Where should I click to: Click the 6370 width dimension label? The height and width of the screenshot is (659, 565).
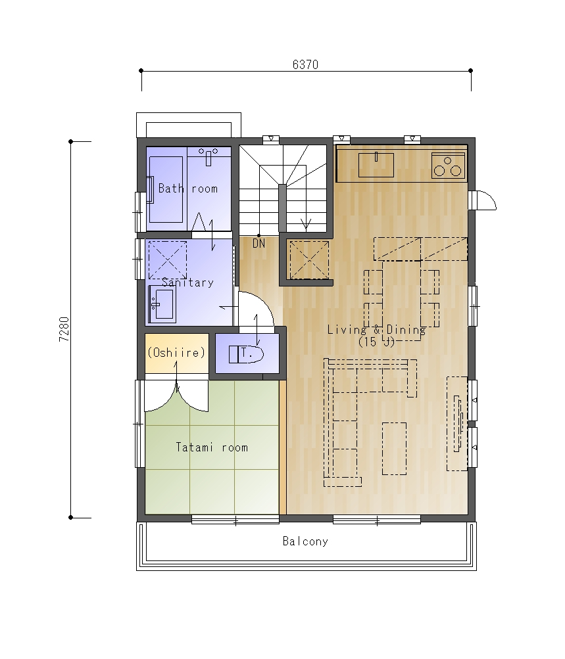click(x=305, y=64)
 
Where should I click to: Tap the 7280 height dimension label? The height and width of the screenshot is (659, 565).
click(x=64, y=329)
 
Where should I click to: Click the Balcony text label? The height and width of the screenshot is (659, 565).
click(x=305, y=541)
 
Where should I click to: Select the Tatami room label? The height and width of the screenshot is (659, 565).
click(x=212, y=447)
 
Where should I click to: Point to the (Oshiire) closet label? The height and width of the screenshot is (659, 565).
click(x=176, y=352)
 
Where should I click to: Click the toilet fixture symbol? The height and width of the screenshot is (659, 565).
click(x=246, y=354)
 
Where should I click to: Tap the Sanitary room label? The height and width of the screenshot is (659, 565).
click(x=187, y=282)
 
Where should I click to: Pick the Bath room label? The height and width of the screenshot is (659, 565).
click(x=188, y=189)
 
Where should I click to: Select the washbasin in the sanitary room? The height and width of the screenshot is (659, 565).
click(x=162, y=304)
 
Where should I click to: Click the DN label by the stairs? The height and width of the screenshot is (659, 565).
click(x=258, y=243)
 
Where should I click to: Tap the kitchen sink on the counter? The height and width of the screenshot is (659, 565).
click(x=376, y=165)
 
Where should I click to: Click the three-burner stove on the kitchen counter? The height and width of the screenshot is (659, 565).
click(x=449, y=165)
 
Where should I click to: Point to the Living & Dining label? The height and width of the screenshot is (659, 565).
click(x=376, y=330)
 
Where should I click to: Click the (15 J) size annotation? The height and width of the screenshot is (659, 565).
click(x=376, y=342)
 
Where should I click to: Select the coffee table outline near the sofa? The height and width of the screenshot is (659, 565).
click(x=394, y=449)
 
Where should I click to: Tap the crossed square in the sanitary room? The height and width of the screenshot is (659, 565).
click(x=168, y=260)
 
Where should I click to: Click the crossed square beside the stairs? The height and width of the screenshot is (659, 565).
click(x=309, y=260)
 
